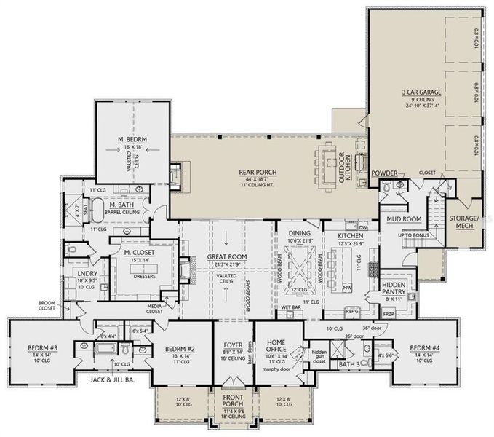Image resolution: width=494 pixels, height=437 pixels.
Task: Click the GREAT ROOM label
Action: pos(227,257)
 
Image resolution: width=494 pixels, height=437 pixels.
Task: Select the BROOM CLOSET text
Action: pos(42,306)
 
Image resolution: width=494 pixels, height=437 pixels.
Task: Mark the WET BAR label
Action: pos(290,308)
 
